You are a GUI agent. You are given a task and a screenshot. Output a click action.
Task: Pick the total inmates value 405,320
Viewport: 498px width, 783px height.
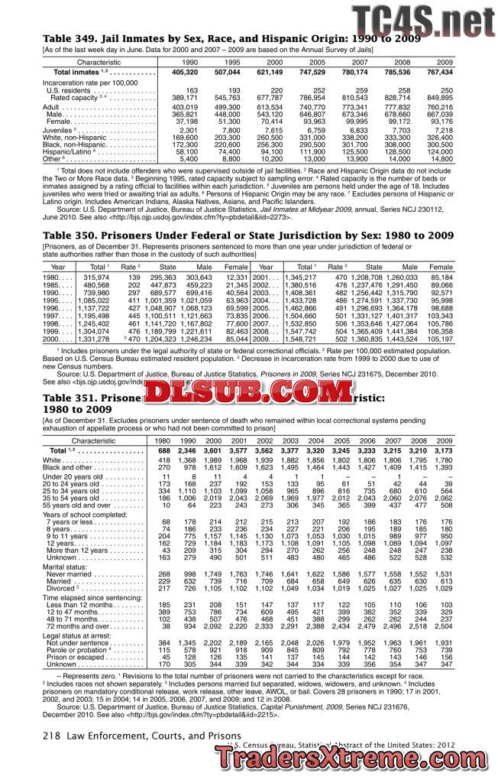[185, 72]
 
